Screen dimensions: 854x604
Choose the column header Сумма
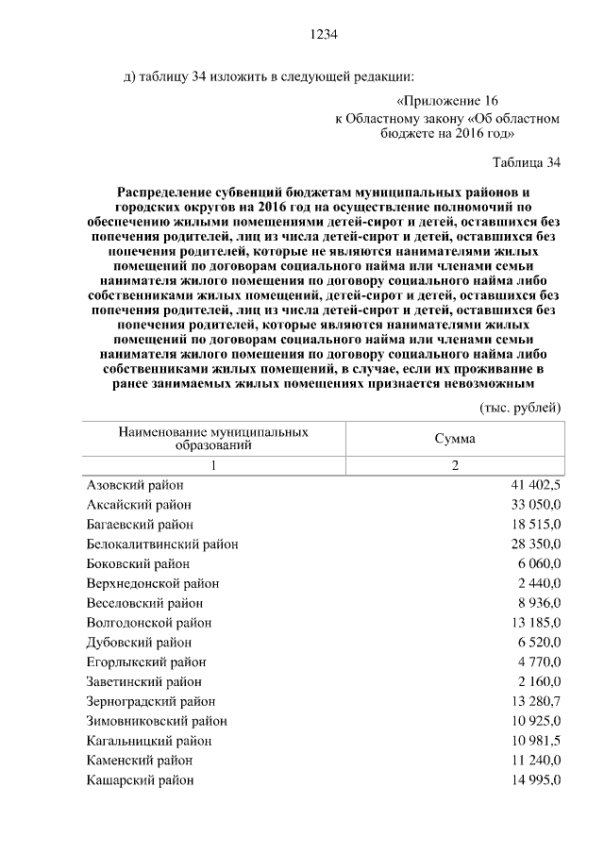tap(455, 440)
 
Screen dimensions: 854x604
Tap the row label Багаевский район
tap(140, 524)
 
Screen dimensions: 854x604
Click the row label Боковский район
tap(138, 563)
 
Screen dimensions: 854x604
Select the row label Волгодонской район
tap(149, 623)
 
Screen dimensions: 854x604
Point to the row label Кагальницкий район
tap(149, 741)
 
